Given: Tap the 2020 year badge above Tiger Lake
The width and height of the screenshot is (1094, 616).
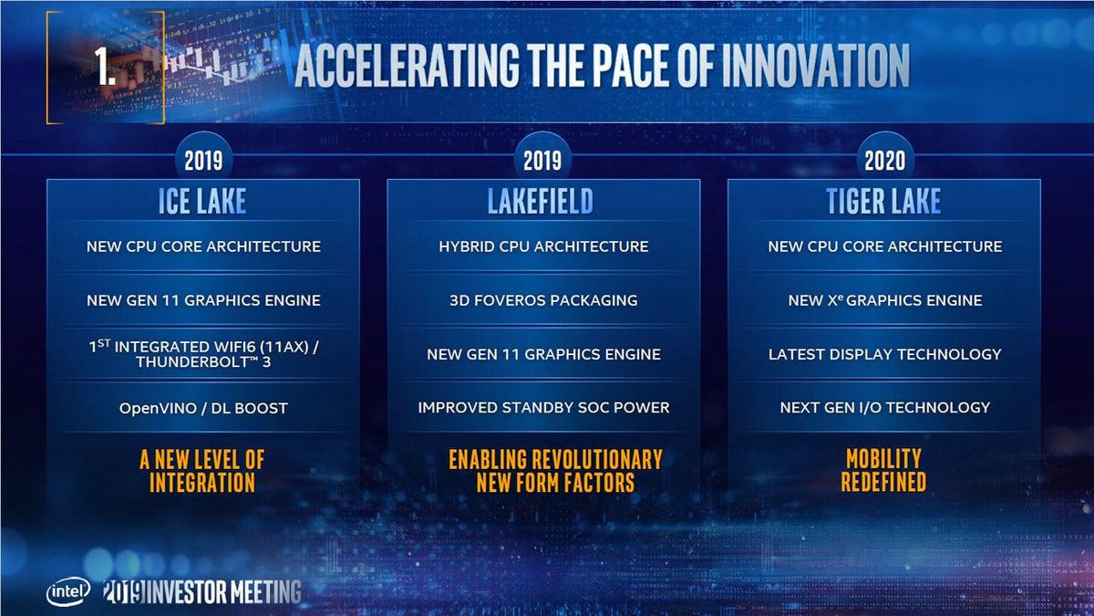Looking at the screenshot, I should pos(883,162).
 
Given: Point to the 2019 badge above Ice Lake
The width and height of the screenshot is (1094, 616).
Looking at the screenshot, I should pos(202,162).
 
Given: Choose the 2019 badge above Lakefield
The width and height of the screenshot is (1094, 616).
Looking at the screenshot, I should pos(542,162).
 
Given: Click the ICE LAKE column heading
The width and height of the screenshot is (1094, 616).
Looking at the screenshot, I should pos(202,201).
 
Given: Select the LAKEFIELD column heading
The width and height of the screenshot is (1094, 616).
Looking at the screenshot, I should pos(542,201).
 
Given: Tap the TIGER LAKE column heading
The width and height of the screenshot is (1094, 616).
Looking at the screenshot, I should pos(883,201).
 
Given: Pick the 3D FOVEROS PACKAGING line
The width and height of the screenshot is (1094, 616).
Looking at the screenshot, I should pos(543,300).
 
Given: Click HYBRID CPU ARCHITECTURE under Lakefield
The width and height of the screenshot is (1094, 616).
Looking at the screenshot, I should pos(543,246).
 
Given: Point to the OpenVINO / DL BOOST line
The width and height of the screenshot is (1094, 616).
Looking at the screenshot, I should pos(203,408).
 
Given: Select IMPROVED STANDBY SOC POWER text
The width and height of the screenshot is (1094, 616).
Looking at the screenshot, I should pos(543,407).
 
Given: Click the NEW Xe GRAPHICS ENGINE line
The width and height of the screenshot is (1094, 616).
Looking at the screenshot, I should pos(884,300).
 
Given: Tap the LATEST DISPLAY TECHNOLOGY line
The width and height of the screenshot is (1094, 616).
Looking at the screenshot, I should pos(884,354).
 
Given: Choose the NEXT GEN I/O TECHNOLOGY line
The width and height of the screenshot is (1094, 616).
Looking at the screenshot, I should pos(884,407).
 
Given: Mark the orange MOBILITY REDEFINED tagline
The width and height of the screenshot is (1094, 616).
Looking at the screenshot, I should pos(883,470).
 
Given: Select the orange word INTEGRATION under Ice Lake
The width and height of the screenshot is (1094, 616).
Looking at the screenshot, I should pos(202,482).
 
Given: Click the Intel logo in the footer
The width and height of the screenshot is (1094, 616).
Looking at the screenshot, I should pos(69,592).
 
